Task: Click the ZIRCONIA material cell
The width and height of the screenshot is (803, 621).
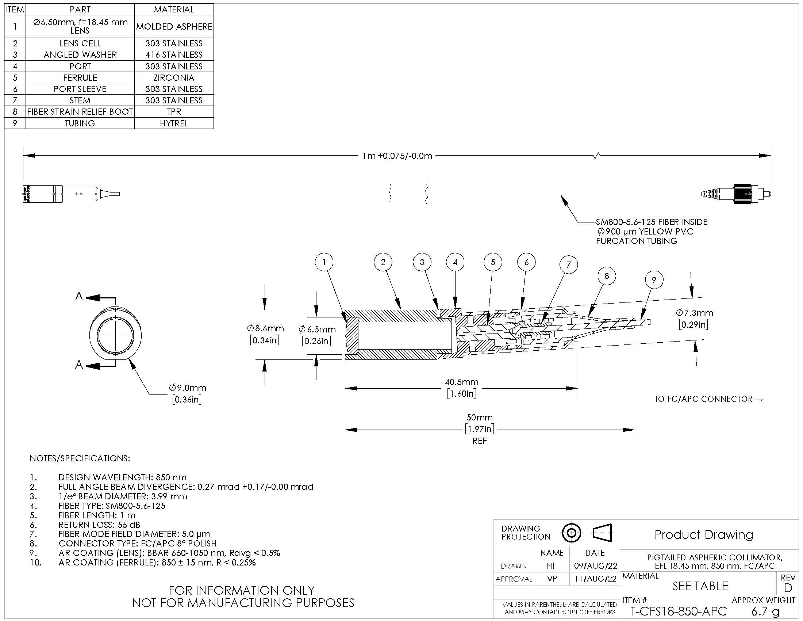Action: pos(174,77)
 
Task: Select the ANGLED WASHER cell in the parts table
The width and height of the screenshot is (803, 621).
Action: pos(80,55)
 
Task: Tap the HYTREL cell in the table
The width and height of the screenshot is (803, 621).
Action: pos(174,123)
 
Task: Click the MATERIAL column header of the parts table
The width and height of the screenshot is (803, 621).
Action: pos(174,9)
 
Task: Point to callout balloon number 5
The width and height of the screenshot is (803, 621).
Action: pos(493,262)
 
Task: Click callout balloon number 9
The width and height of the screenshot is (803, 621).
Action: pos(654,279)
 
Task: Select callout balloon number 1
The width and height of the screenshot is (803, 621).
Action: pos(324,262)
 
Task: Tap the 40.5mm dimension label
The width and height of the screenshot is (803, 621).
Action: pos(462,382)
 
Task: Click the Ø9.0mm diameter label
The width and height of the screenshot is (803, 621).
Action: pos(188,388)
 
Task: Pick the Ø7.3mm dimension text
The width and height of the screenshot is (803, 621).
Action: pos(694,313)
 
